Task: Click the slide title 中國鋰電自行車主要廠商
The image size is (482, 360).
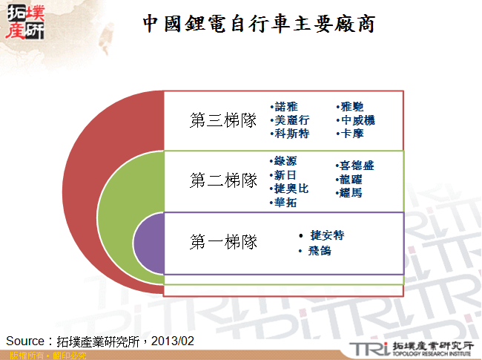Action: pyautogui.click(x=260, y=24)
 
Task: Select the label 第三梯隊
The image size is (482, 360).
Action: pyautogui.click(x=223, y=120)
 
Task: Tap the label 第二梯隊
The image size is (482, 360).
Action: pyautogui.click(x=223, y=180)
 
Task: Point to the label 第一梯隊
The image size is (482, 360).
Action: pyautogui.click(x=223, y=242)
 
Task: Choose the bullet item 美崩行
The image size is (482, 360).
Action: pyautogui.click(x=291, y=120)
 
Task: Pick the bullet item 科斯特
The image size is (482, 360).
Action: pyautogui.click(x=291, y=134)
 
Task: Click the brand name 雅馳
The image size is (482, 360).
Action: pyautogui.click(x=351, y=107)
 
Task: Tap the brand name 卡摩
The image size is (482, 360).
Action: pyautogui.click(x=351, y=134)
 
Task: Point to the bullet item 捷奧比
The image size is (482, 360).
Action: pyautogui.click(x=291, y=189)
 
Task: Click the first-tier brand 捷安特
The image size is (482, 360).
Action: pyautogui.click(x=327, y=235)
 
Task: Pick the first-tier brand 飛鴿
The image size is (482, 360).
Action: pyautogui.click(x=320, y=252)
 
